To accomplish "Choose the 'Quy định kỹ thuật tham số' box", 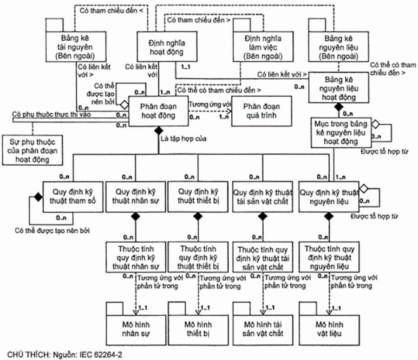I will click(71, 196).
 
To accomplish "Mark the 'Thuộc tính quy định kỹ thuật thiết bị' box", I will click(198, 256).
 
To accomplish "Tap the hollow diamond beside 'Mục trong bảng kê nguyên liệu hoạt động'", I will click(376, 124).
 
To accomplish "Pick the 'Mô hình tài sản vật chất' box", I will click(263, 328).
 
